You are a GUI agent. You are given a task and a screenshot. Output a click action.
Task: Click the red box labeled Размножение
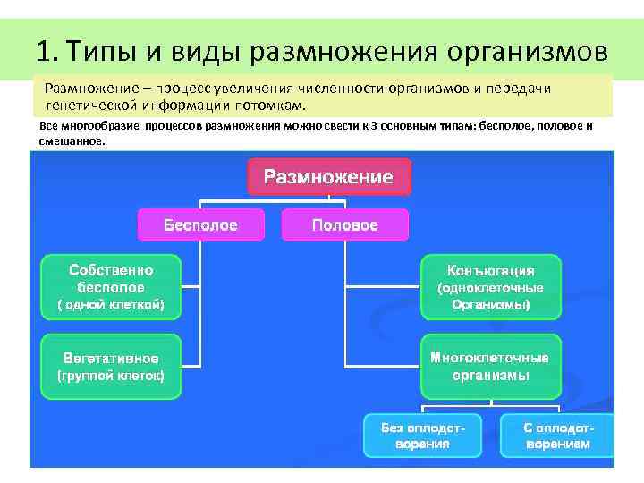[328, 176]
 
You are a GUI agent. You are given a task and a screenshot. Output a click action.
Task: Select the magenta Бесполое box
[200, 225]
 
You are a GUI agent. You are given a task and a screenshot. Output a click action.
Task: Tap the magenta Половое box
[344, 225]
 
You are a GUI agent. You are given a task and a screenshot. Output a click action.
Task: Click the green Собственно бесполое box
[111, 287]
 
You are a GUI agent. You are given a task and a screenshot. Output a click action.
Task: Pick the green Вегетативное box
[111, 367]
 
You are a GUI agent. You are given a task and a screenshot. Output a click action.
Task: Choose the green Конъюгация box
[490, 287]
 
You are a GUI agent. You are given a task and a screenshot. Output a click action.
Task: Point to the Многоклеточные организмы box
[490, 366]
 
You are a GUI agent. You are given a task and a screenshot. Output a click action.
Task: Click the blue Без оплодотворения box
[422, 436]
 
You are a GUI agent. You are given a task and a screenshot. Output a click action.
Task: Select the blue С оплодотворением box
[557, 436]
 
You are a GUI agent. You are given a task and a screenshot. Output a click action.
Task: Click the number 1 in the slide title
[44, 48]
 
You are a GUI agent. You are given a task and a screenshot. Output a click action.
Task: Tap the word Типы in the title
[100, 48]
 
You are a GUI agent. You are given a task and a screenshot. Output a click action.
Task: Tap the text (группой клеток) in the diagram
[111, 377]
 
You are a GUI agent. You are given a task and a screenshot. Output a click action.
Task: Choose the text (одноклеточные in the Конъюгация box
[490, 288]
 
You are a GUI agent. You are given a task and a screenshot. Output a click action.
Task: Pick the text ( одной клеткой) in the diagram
[111, 305]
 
